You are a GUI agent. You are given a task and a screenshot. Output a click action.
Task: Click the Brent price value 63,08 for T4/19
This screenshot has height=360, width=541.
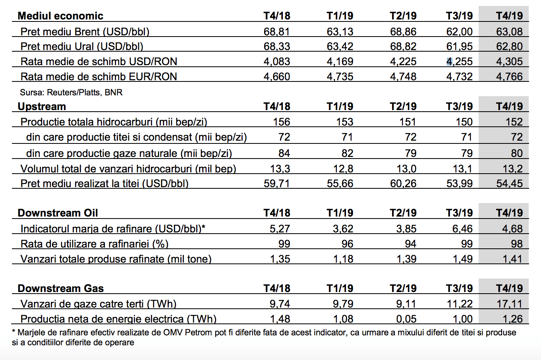pos(509,32)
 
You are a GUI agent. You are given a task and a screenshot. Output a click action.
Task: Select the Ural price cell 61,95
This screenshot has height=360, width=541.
pos(459,46)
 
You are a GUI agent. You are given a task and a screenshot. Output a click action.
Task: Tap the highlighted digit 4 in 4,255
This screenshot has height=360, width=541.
pos(449,62)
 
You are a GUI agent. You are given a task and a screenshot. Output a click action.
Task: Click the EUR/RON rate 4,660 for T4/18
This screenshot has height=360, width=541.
pos(277,77)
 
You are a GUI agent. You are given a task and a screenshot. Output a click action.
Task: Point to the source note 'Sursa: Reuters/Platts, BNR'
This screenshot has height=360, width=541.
pos(71,92)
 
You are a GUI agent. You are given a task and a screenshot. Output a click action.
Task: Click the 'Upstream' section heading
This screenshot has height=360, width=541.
pos(42,106)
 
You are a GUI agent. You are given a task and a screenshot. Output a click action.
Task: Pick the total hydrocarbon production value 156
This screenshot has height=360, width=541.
pos(282,122)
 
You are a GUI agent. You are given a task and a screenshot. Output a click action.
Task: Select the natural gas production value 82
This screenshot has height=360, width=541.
pos(347,153)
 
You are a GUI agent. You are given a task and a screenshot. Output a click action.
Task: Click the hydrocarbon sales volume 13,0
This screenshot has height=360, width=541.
pos(407,168)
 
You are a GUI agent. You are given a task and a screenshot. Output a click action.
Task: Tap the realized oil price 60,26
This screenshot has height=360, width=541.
pos(403,184)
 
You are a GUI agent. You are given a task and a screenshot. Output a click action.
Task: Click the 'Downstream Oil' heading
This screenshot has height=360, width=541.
pos(58,213)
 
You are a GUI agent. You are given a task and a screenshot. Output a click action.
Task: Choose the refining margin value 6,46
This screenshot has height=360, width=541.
pos(462,229)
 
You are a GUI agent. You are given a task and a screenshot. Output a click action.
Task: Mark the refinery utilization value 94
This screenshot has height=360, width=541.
pos(411,244)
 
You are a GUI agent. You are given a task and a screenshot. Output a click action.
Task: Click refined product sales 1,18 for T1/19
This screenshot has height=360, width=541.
pos(343,259)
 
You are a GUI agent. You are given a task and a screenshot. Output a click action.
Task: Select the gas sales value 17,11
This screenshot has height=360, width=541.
pos(509,304)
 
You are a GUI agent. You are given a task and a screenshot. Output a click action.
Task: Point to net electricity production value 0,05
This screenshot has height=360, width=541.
pos(406,319)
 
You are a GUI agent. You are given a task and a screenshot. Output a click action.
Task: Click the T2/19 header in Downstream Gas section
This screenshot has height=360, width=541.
pos(403,288)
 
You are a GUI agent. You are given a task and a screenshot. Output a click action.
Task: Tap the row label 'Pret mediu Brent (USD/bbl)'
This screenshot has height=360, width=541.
pos(85,32)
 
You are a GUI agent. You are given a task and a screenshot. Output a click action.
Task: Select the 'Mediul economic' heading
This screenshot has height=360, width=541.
pos(60,16)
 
